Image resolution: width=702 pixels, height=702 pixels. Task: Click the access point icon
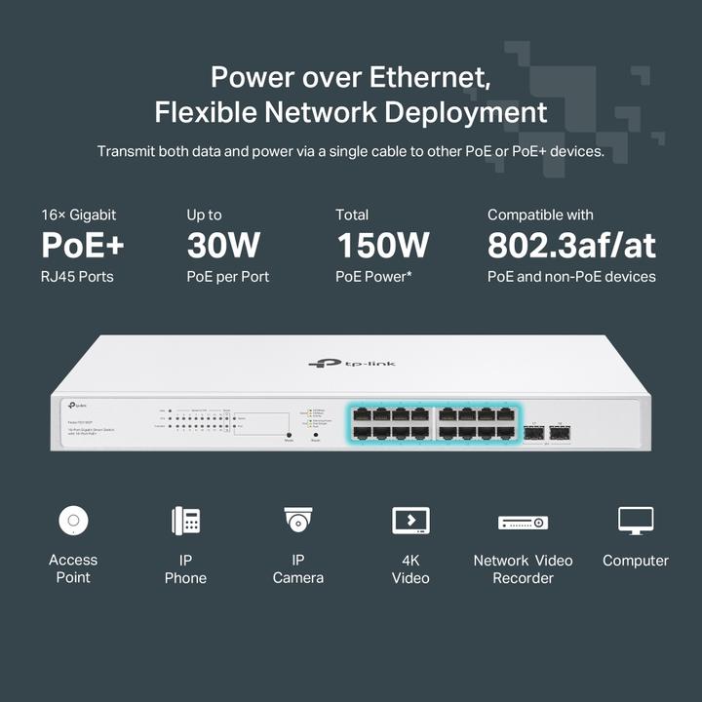72,521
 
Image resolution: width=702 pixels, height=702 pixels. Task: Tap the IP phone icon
185,521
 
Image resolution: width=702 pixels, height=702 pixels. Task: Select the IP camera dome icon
297,520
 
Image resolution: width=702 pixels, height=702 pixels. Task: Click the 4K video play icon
410,521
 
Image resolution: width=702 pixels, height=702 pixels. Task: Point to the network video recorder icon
523,523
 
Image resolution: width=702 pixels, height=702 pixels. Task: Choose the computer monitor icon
635,521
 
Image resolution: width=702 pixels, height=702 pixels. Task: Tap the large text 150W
382,246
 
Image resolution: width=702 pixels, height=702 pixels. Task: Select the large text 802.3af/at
572,246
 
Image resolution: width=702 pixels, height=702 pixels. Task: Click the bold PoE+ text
83,246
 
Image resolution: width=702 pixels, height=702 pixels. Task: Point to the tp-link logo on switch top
352,364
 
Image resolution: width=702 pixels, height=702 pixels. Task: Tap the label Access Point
73,568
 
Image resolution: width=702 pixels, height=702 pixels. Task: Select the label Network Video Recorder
523,568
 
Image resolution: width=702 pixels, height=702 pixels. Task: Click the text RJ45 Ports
77,277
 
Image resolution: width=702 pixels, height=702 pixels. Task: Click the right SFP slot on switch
560,433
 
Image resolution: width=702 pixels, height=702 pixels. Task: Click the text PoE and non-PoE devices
571,277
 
